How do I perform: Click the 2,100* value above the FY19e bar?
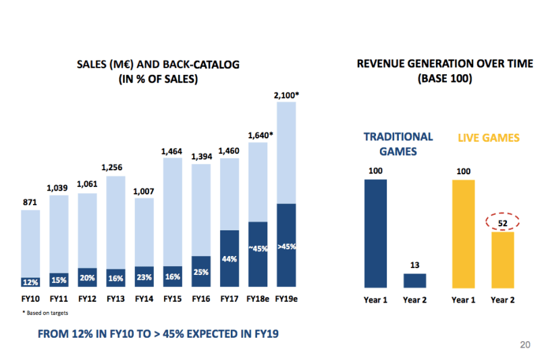pyautogui.click(x=286, y=95)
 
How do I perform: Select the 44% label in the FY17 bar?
pyautogui.click(x=230, y=259)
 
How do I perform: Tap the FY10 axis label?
pyautogui.click(x=30, y=298)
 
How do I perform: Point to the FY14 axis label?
pyautogui.click(x=144, y=298)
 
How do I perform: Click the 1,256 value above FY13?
pyautogui.click(x=115, y=168)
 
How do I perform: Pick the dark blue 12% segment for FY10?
pyautogui.click(x=30, y=282)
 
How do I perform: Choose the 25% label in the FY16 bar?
pyautogui.click(x=201, y=272)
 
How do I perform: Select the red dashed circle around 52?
pyautogui.click(x=502, y=222)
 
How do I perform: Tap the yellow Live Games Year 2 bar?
pyautogui.click(x=502, y=261)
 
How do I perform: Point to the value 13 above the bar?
pyautogui.click(x=415, y=265)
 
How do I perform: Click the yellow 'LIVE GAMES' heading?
pyautogui.click(x=489, y=138)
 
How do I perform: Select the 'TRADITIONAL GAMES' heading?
pyautogui.click(x=398, y=144)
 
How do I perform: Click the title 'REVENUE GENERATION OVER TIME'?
pyautogui.click(x=444, y=64)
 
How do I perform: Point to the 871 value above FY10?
pyautogui.click(x=30, y=202)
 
